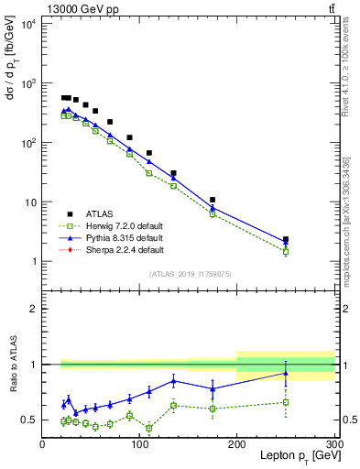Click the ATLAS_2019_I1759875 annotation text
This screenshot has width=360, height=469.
click(189, 273)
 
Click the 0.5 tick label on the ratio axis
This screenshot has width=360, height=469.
click(29, 420)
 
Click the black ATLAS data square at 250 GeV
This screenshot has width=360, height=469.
click(286, 240)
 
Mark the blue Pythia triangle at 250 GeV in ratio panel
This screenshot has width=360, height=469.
click(286, 373)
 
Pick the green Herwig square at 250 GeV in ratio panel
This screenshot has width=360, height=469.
click(286, 402)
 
